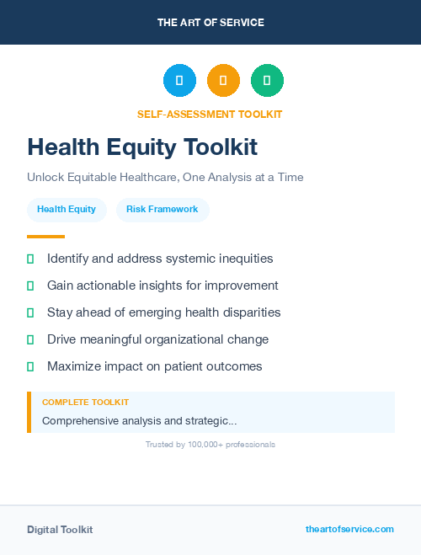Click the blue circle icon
[x=179, y=80]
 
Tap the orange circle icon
[x=223, y=80]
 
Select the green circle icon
[x=267, y=80]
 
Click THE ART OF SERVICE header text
[x=210, y=22]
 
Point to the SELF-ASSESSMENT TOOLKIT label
[x=210, y=114]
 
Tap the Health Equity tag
[x=67, y=209]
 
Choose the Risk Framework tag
[x=163, y=209]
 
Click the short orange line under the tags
[x=45, y=237]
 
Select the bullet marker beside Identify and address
[x=30, y=259]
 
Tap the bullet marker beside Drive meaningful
[x=30, y=339]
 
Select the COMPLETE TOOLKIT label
[x=85, y=403]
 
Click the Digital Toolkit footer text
[x=60, y=530]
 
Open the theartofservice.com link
[x=349, y=529]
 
